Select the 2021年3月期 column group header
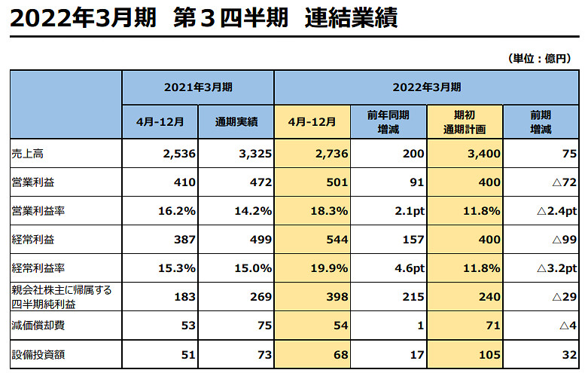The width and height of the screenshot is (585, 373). click(x=198, y=87)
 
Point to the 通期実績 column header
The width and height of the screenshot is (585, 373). click(x=236, y=121)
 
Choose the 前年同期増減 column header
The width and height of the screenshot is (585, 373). click(x=388, y=121)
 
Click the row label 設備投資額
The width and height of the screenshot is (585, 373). click(x=34, y=354)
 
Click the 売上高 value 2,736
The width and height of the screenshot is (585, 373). click(x=328, y=154)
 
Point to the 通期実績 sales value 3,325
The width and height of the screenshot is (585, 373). click(x=253, y=154)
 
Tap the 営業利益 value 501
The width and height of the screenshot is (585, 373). click(x=334, y=182)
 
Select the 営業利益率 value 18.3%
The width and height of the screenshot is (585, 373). click(x=329, y=211)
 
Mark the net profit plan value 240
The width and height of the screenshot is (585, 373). click(x=489, y=297)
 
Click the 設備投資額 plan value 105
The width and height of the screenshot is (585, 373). click(x=489, y=354)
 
